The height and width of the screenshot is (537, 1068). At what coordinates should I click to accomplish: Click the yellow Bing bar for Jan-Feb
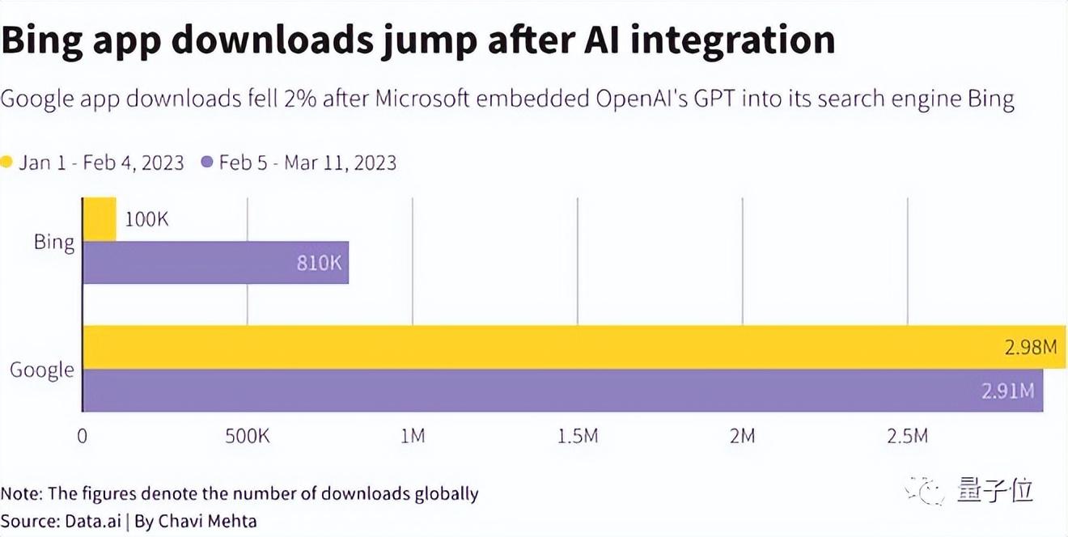pyautogui.click(x=100, y=218)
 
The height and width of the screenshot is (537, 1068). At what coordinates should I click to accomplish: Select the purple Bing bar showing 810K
pyautogui.click(x=215, y=262)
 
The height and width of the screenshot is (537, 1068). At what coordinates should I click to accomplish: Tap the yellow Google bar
pyautogui.click(x=566, y=347)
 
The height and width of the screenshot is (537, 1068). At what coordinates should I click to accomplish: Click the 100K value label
pyautogui.click(x=146, y=219)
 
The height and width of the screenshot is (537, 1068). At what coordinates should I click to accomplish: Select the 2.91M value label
pyautogui.click(x=1007, y=391)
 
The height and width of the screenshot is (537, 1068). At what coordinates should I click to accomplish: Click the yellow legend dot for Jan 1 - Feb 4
pyautogui.click(x=6, y=163)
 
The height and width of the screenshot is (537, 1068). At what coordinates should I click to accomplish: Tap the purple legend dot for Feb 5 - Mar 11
pyautogui.click(x=206, y=163)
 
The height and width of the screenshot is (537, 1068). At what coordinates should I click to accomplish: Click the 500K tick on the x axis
pyautogui.click(x=247, y=437)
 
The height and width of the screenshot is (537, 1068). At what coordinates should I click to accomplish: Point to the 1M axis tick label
pyautogui.click(x=413, y=437)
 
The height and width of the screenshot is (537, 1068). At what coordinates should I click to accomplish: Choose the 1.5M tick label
pyautogui.click(x=577, y=437)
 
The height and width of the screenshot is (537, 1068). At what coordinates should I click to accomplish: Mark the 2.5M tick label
pyautogui.click(x=907, y=437)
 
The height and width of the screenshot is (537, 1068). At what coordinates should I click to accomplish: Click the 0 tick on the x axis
pyautogui.click(x=82, y=437)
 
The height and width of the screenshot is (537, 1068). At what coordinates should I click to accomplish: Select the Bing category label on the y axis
pyautogui.click(x=54, y=242)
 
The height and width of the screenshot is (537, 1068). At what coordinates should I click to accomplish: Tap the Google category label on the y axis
pyautogui.click(x=42, y=370)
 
